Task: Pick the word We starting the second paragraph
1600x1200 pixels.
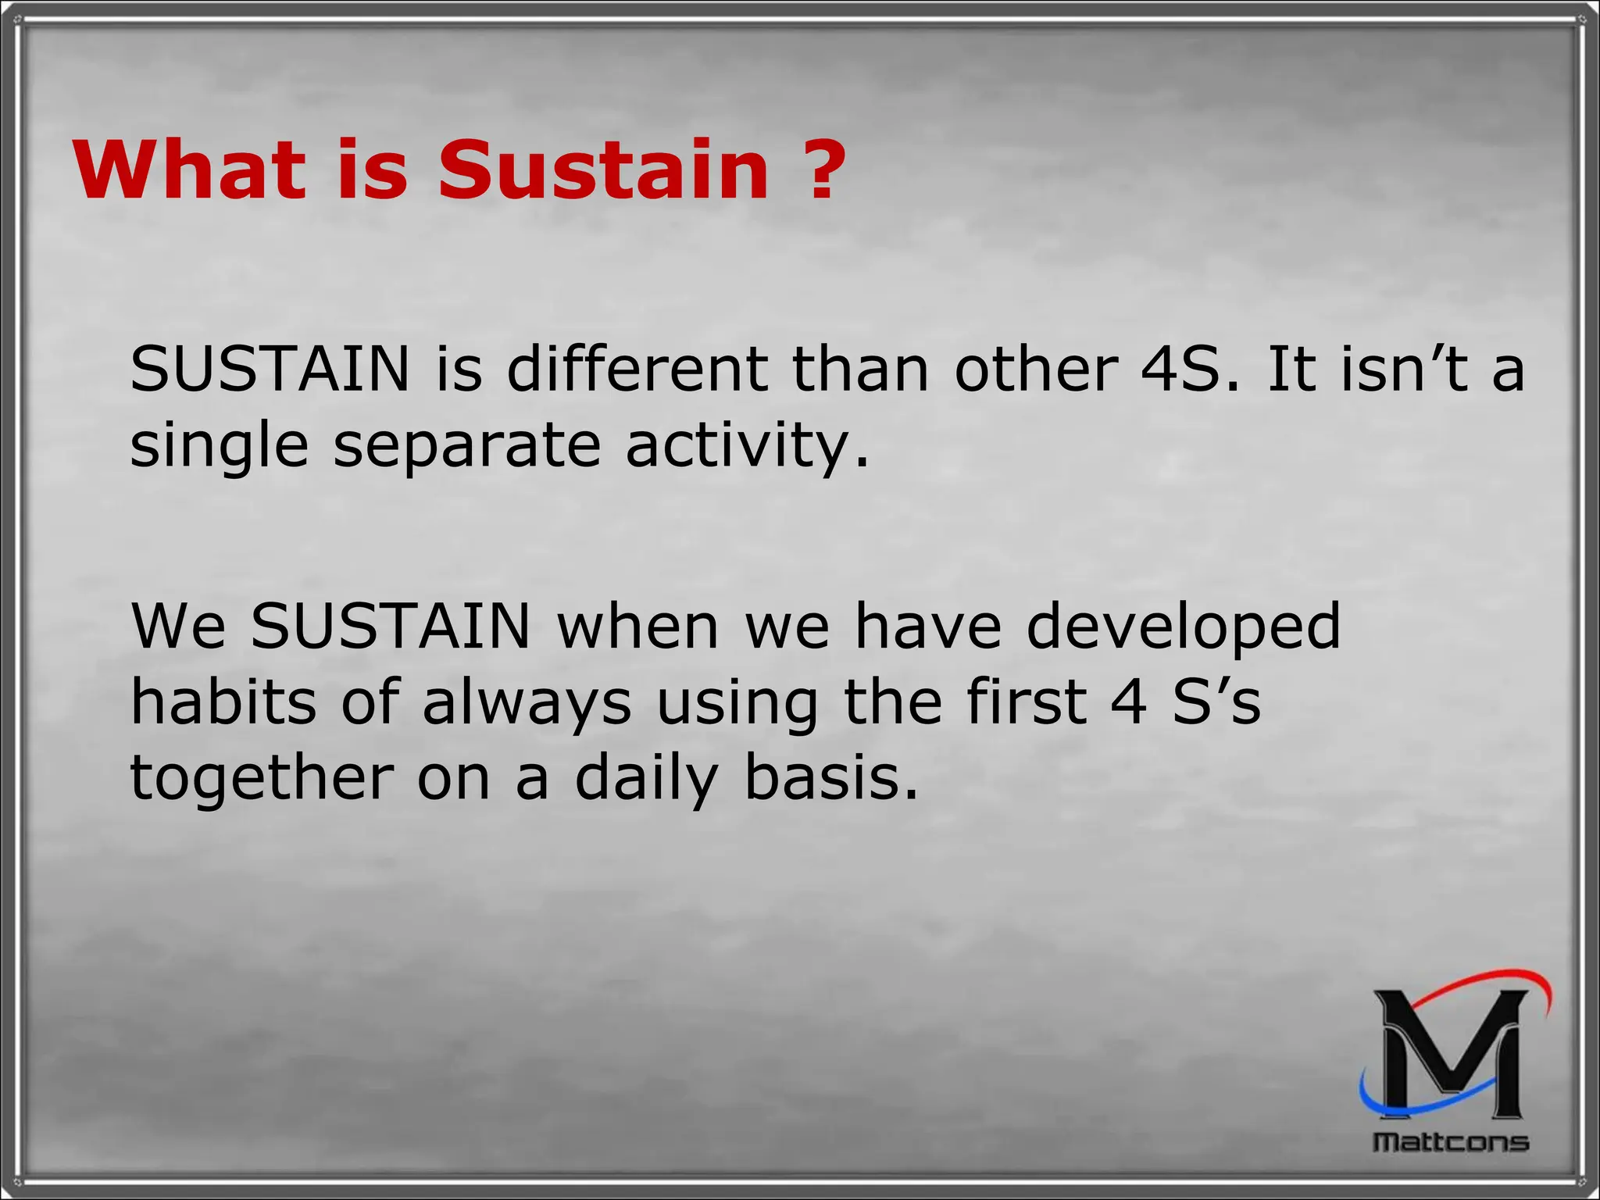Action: click(x=178, y=626)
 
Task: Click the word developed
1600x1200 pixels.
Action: click(x=1183, y=627)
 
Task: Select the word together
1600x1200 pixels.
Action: click(x=262, y=779)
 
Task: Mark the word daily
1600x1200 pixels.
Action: click(x=645, y=779)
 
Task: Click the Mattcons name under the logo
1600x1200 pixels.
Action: click(x=1451, y=1142)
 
